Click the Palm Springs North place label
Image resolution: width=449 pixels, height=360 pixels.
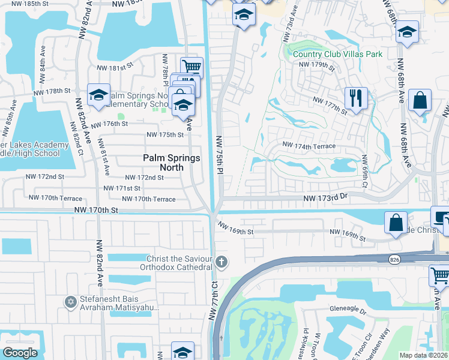click(x=163, y=163)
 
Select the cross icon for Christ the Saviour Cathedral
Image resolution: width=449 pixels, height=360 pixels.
click(x=222, y=262)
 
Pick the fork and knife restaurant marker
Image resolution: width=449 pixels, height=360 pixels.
click(x=355, y=98)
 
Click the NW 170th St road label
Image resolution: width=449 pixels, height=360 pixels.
click(x=97, y=211)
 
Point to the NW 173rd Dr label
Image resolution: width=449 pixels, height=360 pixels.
click(x=325, y=197)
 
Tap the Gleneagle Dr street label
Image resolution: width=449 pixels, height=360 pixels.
click(x=347, y=310)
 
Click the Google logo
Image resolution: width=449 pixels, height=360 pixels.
click(x=20, y=353)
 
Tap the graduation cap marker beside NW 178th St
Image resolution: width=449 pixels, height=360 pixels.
click(x=98, y=95)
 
